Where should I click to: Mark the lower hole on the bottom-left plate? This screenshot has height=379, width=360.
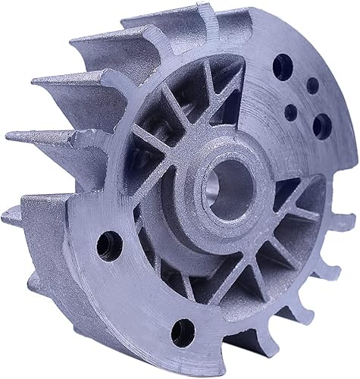tap(181, 328)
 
